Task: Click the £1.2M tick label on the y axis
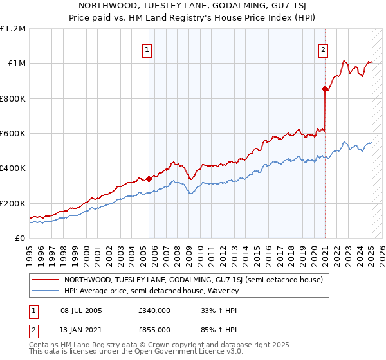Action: coord(13,29)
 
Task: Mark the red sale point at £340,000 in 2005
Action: coord(149,179)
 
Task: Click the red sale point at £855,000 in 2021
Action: coord(326,89)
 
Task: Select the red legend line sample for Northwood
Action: coord(45,280)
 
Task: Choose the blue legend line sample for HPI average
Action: coord(45,291)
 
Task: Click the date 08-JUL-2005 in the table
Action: coord(81,310)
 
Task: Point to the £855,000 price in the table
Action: coord(154,329)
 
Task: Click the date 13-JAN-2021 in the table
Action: coord(81,329)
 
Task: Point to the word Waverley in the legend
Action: coord(222,291)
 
